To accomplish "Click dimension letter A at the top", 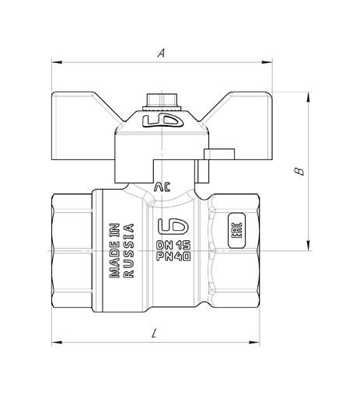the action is pyautogui.click(x=161, y=53).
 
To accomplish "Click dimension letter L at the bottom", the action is pyautogui.click(x=155, y=333).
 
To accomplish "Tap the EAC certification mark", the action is pyautogui.click(x=236, y=230).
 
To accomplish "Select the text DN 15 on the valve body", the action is pyautogui.click(x=173, y=245).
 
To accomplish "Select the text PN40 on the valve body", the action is pyautogui.click(x=173, y=256).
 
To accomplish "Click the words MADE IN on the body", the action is pyautogui.click(x=114, y=250).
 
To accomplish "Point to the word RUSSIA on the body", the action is pyautogui.click(x=129, y=250).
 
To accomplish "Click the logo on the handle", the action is pyautogui.click(x=163, y=121).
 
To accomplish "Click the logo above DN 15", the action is pyautogui.click(x=173, y=225).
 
